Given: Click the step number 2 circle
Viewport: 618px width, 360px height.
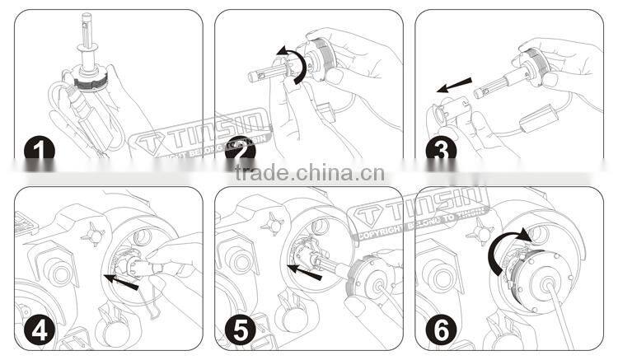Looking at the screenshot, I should point(238,148).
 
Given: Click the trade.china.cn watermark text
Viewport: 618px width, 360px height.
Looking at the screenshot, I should point(309,174).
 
